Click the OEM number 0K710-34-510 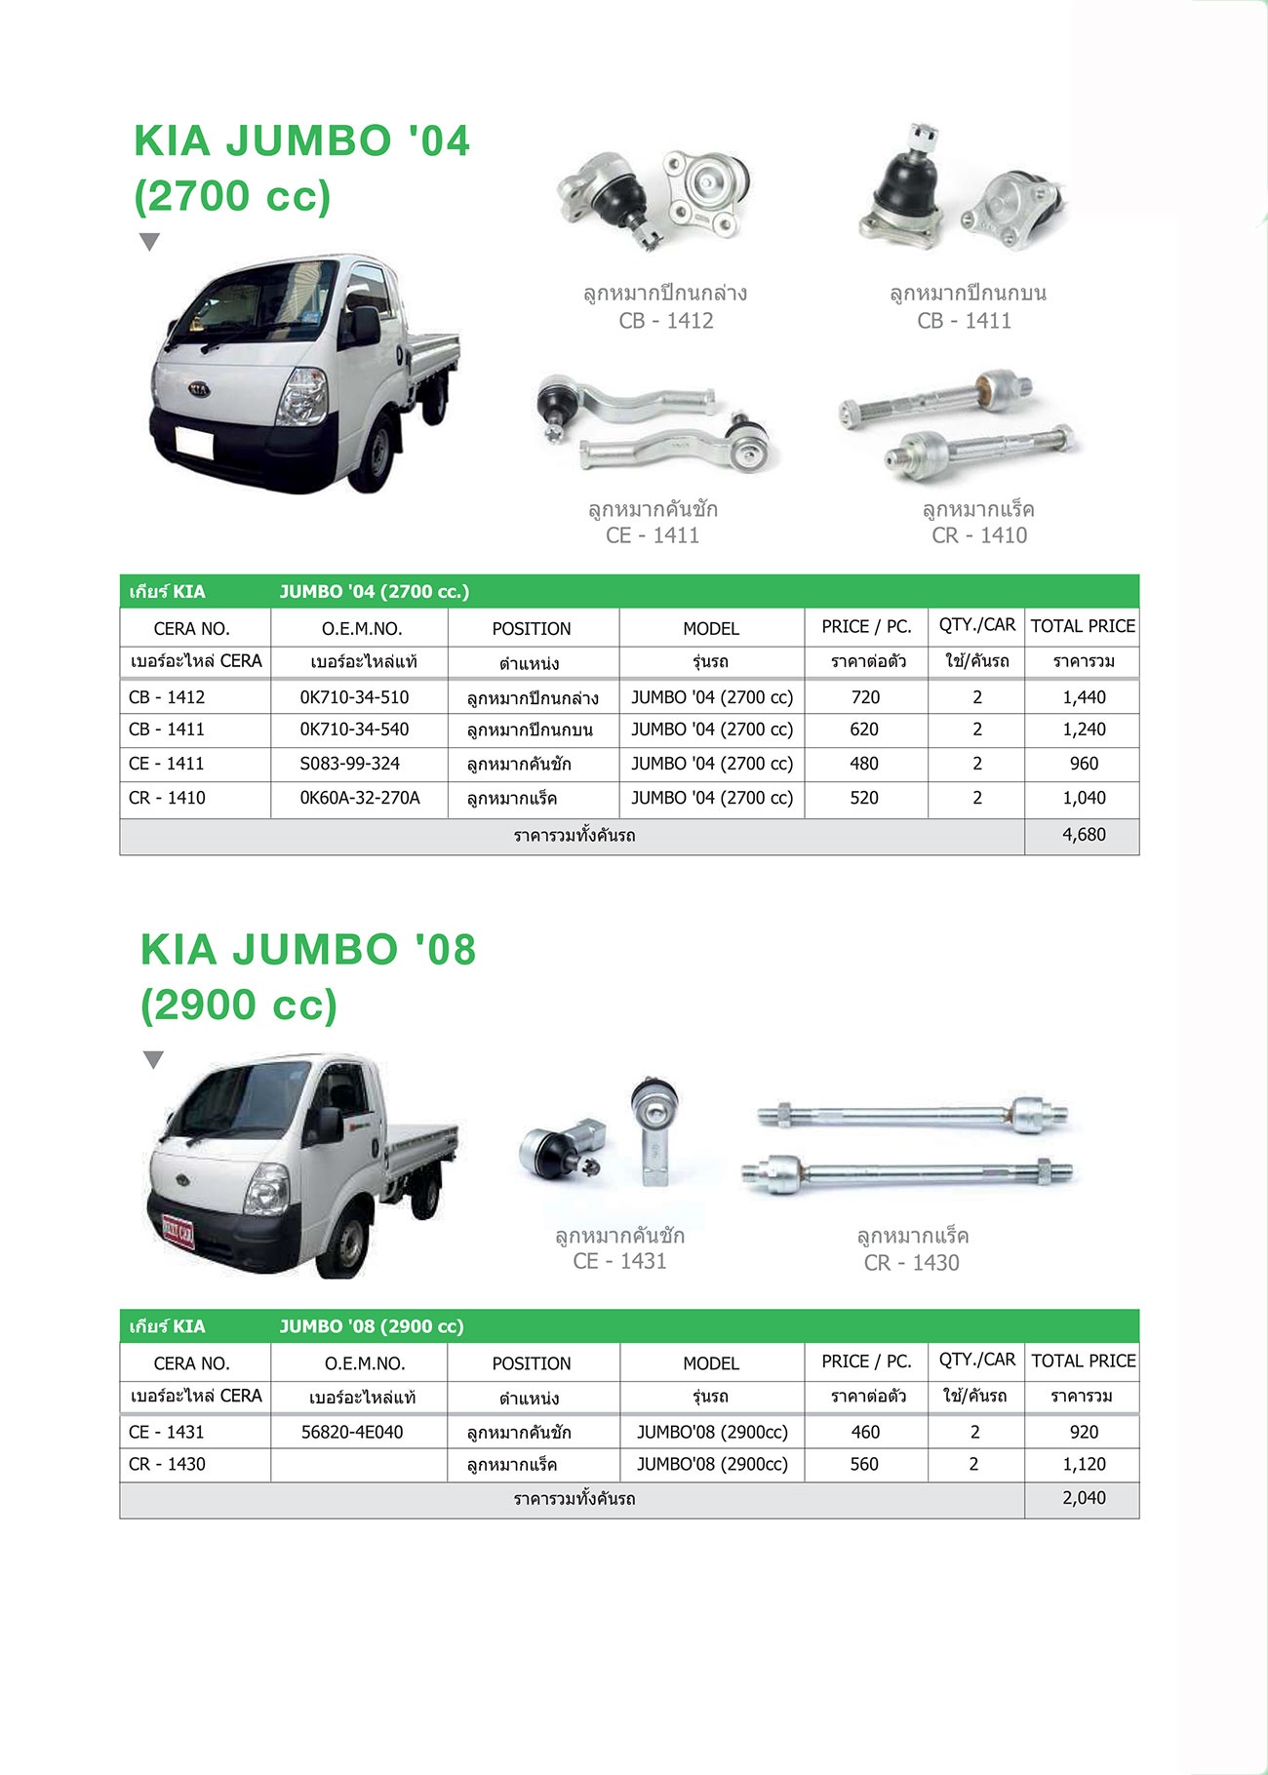click(x=354, y=697)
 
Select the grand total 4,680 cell click(x=1084, y=835)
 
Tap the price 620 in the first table click(x=864, y=730)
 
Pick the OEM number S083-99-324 click(x=349, y=764)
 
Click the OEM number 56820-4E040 click(x=352, y=1432)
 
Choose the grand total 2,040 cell click(x=1084, y=1498)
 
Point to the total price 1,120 click(x=1084, y=1464)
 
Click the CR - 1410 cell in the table click(x=167, y=798)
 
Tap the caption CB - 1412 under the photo click(x=666, y=321)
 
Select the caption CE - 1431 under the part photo click(x=620, y=1261)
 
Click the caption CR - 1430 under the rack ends click(x=912, y=1263)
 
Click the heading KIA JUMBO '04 click(x=302, y=140)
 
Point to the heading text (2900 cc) click(x=239, y=1005)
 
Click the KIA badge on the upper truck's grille click(x=199, y=387)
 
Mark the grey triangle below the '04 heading click(x=149, y=242)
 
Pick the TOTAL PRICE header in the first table click(x=1083, y=626)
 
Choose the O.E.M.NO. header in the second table click(x=364, y=1363)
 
